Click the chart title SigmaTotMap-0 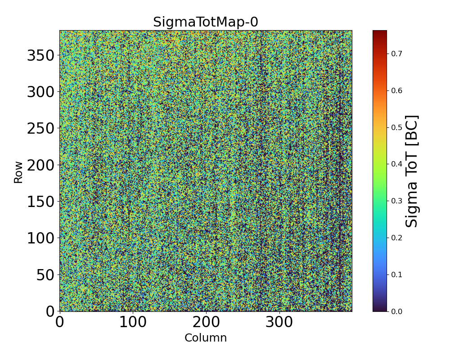tap(206, 22)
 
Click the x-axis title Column tap(206, 338)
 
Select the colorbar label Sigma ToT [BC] tap(412, 171)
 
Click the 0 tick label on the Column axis tap(59, 322)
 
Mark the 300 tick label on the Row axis tap(40, 92)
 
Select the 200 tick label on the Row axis tap(40, 165)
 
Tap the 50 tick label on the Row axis tap(45, 274)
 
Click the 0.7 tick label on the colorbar tap(396, 54)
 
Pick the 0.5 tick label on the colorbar tap(396, 127)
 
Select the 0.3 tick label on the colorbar tap(396, 201)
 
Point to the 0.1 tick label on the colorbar tap(396, 274)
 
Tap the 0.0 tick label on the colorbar tap(396, 311)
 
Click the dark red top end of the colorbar tap(379, 32)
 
